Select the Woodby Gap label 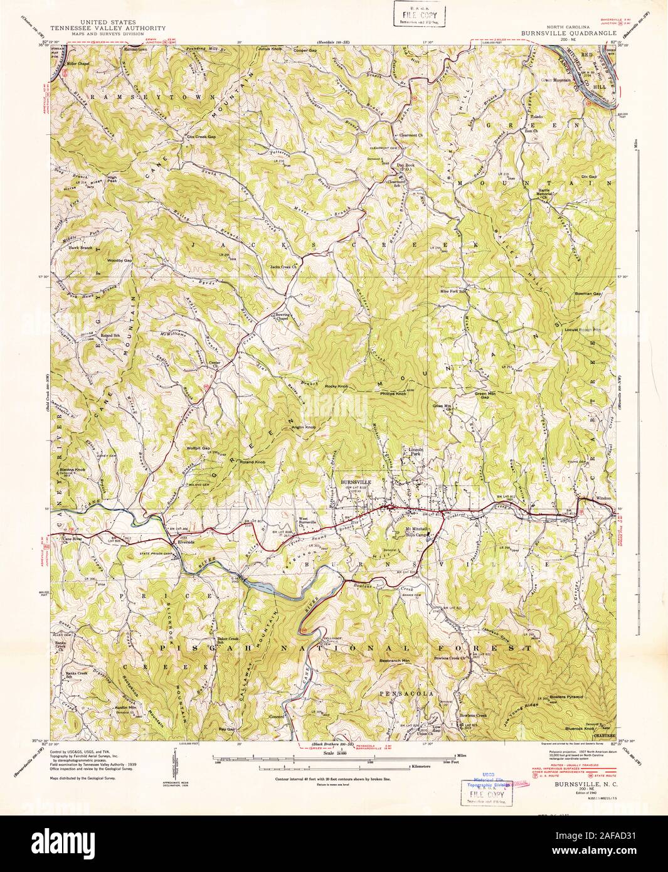[119, 260]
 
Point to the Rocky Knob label [336, 386]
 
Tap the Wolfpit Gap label [198, 448]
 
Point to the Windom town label [603, 498]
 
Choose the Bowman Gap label [588, 294]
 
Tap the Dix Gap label [589, 177]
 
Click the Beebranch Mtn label [394, 661]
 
